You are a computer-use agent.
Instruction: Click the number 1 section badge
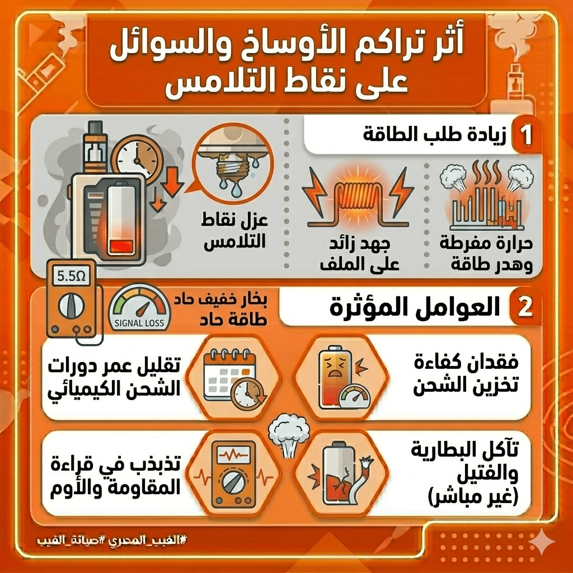(524, 135)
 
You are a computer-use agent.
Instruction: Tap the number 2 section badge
(524, 309)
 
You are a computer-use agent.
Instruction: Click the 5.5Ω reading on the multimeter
(72, 276)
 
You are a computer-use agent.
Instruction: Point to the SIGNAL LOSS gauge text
(139, 323)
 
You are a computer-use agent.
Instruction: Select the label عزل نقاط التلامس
(234, 232)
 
